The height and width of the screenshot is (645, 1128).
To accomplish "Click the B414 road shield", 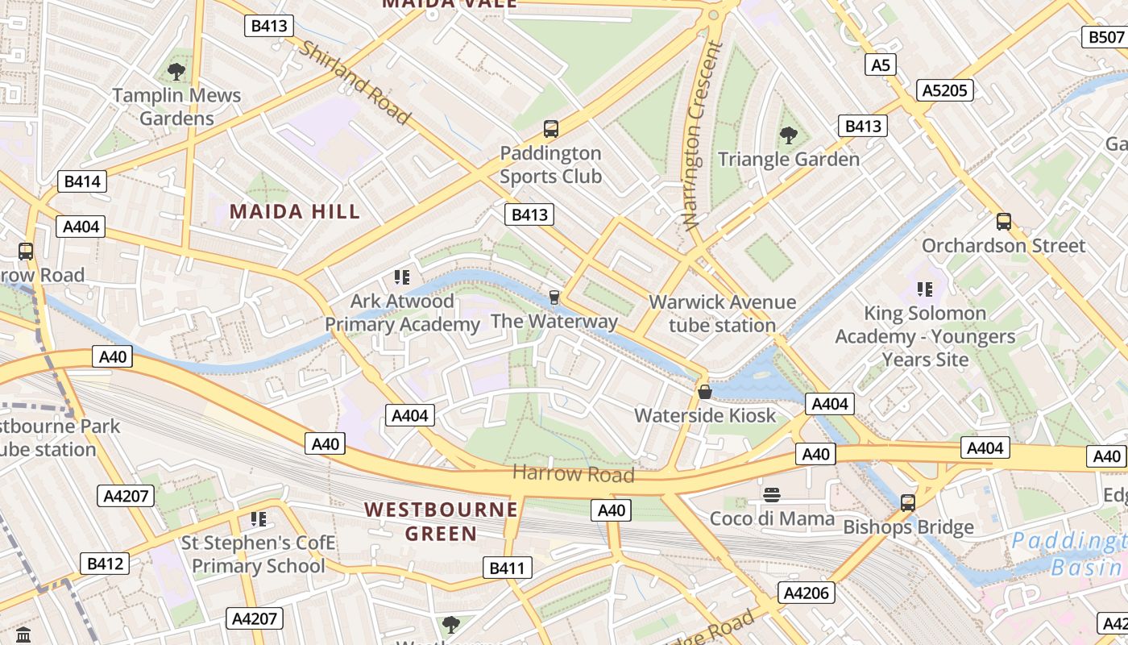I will [x=82, y=181].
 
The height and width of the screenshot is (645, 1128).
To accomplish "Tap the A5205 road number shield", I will [x=944, y=90].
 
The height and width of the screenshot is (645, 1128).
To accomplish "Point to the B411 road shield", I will [x=507, y=568].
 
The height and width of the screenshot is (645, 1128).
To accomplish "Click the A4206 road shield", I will [x=807, y=593].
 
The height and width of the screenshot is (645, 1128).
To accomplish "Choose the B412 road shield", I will [x=104, y=564].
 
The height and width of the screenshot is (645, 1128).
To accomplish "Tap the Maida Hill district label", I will [x=295, y=212].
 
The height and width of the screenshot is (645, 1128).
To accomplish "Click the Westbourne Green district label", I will [x=441, y=522].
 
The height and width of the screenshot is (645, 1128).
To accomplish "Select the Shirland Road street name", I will [x=355, y=81].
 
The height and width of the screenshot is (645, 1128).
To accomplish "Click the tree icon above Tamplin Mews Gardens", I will [x=176, y=72].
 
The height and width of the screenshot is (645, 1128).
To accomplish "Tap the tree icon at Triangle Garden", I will [x=788, y=135].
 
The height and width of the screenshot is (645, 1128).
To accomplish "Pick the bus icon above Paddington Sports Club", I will [x=551, y=128].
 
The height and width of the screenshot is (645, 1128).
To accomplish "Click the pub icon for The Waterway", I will [x=554, y=298].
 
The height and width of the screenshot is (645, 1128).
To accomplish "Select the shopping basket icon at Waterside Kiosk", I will [x=705, y=392].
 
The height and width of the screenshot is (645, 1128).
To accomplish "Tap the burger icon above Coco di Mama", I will [x=771, y=494].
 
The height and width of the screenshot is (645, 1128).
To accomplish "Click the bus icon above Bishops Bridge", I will [x=908, y=503].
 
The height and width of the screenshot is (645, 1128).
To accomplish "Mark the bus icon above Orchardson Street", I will [x=1003, y=222].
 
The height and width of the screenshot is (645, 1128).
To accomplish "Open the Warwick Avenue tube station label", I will [x=722, y=314].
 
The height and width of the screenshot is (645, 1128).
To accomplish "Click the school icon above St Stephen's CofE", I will [x=258, y=518].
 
